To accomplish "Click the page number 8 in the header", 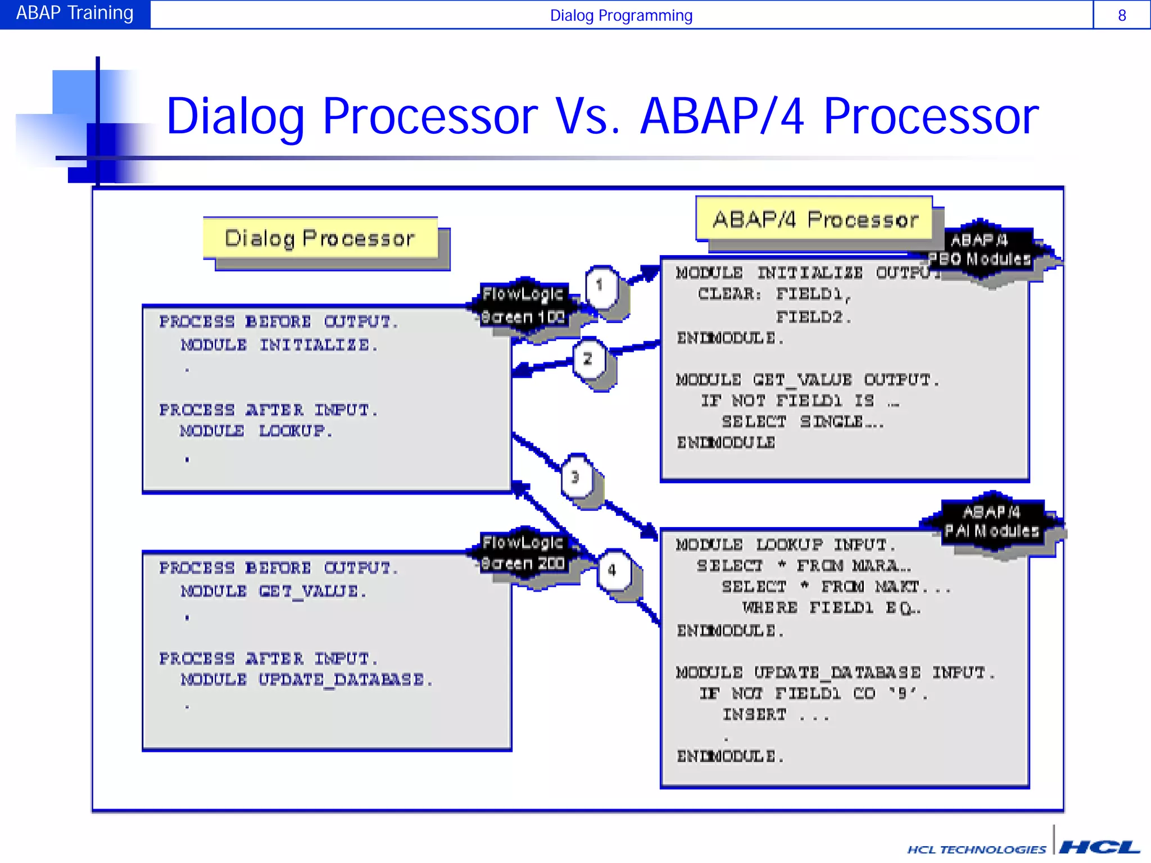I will [1122, 15].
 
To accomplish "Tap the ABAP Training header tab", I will [75, 13].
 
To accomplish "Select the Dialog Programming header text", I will [620, 15].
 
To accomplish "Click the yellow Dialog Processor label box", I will [320, 238].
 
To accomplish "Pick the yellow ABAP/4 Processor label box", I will [814, 219].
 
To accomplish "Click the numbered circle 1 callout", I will [600, 285].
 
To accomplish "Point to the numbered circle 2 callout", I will [588, 359].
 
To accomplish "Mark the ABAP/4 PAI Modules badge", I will [992, 521].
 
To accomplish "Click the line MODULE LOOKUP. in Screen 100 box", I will [256, 431].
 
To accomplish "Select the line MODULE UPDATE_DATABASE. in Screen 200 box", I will [306, 680].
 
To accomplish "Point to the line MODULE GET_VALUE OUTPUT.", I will [807, 380].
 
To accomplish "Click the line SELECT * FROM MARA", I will [804, 566].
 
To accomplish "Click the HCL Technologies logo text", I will [977, 849].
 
